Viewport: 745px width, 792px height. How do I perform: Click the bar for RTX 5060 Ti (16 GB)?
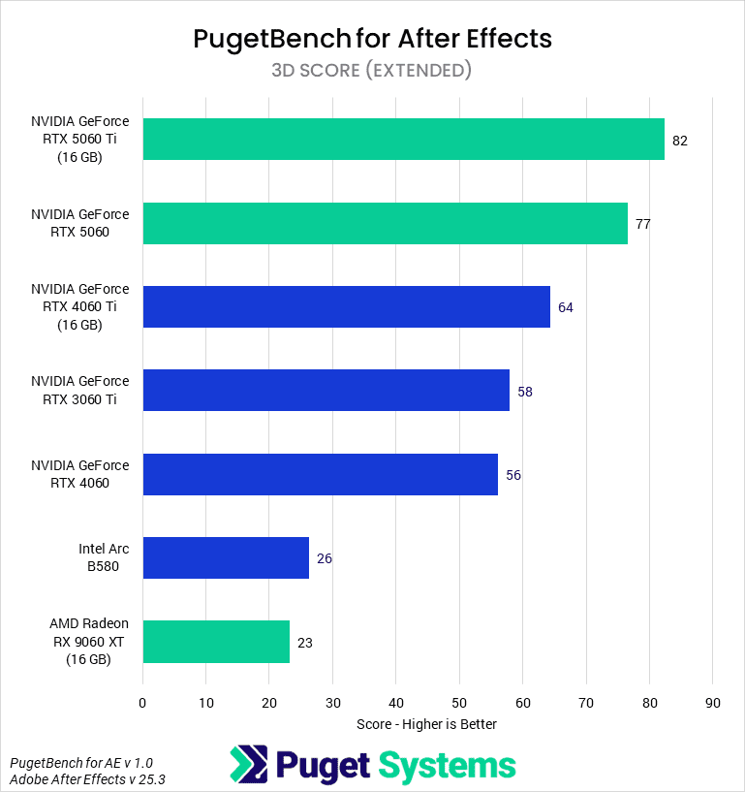click(x=403, y=140)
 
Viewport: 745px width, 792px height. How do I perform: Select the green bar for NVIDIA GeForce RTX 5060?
click(x=385, y=223)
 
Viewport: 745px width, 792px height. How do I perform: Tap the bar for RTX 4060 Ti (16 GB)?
click(x=346, y=307)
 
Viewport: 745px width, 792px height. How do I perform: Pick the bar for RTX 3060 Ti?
click(x=326, y=391)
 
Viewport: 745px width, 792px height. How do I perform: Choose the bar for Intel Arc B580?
click(x=226, y=558)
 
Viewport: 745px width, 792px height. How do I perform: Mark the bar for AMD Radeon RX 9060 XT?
click(x=216, y=642)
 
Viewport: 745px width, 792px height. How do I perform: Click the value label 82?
click(x=679, y=141)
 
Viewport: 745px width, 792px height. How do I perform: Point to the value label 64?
click(x=566, y=308)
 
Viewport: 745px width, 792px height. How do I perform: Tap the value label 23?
click(x=305, y=643)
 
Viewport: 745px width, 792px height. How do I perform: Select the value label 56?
click(x=513, y=475)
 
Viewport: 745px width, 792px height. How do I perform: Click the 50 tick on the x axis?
click(x=459, y=702)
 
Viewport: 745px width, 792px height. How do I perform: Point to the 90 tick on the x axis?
click(x=712, y=702)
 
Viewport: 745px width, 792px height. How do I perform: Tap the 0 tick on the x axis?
click(x=142, y=702)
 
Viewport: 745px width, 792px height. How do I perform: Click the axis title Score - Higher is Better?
click(x=426, y=723)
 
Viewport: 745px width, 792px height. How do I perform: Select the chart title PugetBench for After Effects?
click(x=372, y=38)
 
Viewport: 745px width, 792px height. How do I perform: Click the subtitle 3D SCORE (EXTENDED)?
click(x=372, y=70)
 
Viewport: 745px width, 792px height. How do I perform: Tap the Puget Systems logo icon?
click(x=247, y=764)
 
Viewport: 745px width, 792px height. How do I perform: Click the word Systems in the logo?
click(x=446, y=764)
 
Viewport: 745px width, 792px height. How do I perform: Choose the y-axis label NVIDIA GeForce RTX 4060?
click(x=79, y=474)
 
